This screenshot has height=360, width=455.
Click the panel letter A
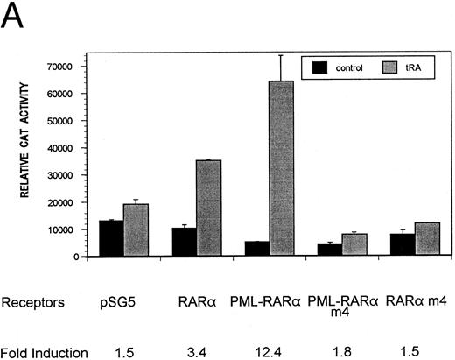tap(16, 18)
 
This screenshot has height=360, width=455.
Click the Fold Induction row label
tap(45, 352)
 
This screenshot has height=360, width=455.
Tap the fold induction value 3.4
tap(194, 352)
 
